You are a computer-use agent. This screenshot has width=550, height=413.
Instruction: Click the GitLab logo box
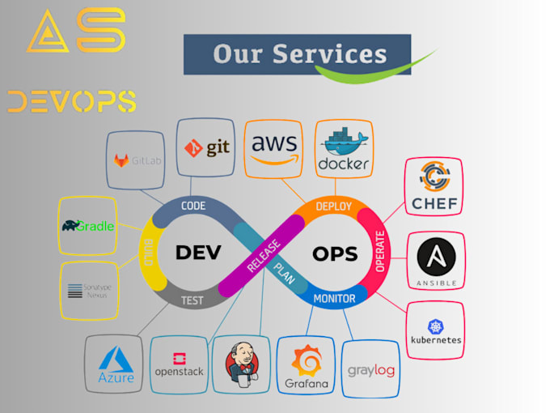[x=136, y=160]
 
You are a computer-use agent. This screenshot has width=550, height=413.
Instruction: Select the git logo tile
[x=206, y=147]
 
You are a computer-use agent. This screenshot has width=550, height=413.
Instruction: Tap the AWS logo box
[x=274, y=147]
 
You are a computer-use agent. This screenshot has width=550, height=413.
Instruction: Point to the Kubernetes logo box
[x=435, y=330]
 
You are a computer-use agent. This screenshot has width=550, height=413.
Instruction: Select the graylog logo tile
[x=371, y=369]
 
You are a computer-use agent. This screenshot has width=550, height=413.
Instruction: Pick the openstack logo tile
[x=178, y=365]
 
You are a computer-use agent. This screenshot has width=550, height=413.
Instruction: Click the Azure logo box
[x=115, y=364]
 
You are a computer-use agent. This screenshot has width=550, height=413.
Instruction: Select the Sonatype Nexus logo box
[x=88, y=290]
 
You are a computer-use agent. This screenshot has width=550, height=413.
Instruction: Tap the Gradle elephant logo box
[x=88, y=225]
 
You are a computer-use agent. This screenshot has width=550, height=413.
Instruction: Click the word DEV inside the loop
[x=198, y=253]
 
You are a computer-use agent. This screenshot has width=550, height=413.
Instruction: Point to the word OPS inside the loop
[x=335, y=253]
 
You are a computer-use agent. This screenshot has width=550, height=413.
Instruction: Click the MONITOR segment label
[x=334, y=299]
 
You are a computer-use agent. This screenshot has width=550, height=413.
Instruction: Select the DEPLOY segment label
[x=333, y=206]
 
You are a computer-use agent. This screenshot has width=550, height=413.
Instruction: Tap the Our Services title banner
[x=297, y=55]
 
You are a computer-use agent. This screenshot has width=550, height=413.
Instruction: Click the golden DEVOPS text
[x=71, y=101]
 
